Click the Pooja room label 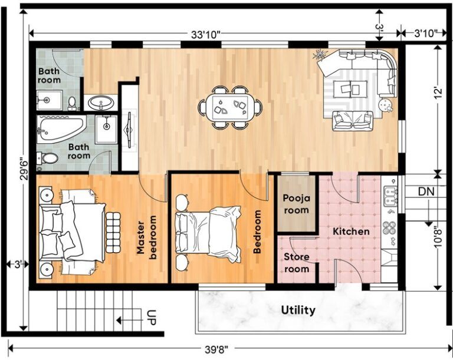click(x=296, y=204)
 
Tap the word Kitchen click(x=351, y=232)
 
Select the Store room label click(x=296, y=263)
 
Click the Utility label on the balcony click(x=298, y=310)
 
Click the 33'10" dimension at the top click(x=205, y=34)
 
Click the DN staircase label click(x=426, y=191)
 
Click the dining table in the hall click(x=231, y=107)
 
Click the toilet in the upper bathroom click(x=73, y=104)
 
